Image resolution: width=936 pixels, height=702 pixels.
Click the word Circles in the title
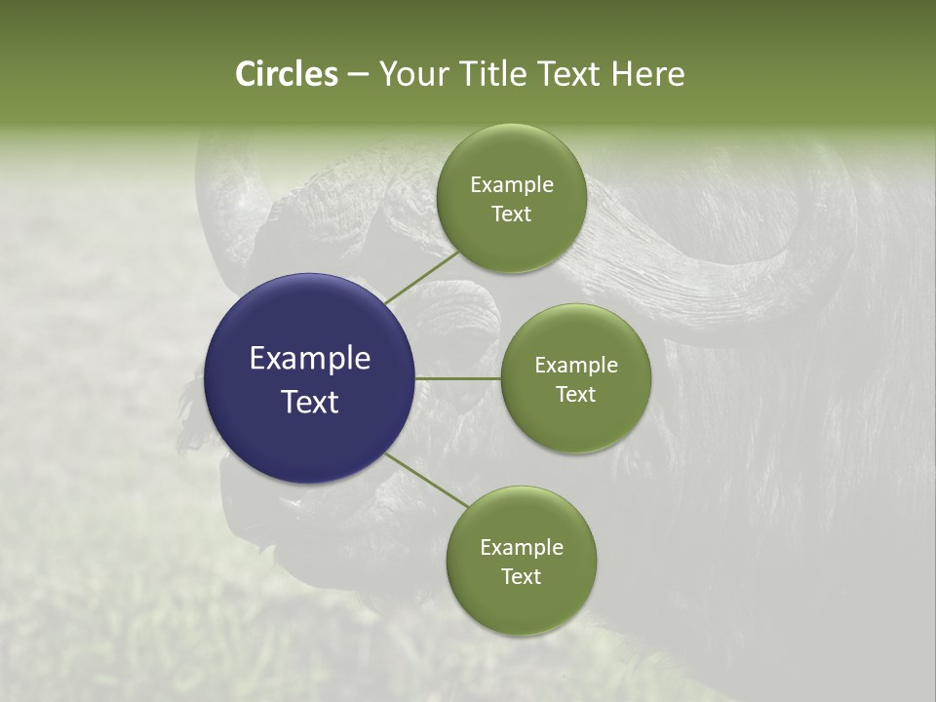pos(287,74)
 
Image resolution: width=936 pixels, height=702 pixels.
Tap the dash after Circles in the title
pos(358,75)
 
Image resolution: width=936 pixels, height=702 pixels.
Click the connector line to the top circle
pos(423,276)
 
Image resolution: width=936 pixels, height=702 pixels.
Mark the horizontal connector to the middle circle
pos(458,378)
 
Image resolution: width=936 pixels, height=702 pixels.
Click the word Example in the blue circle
pos(310,359)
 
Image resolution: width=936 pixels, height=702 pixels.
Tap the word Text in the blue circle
pos(310,402)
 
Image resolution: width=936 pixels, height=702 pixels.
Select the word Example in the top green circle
pos(512,185)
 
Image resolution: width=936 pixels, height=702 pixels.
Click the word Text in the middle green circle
pos(575,395)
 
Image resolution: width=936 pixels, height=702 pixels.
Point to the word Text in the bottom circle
pos(521,577)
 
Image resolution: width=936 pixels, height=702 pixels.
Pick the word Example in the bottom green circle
pos(522,548)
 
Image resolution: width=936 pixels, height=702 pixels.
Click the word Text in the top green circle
pos(511,214)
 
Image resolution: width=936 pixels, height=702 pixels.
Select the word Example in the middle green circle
pos(576,366)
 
